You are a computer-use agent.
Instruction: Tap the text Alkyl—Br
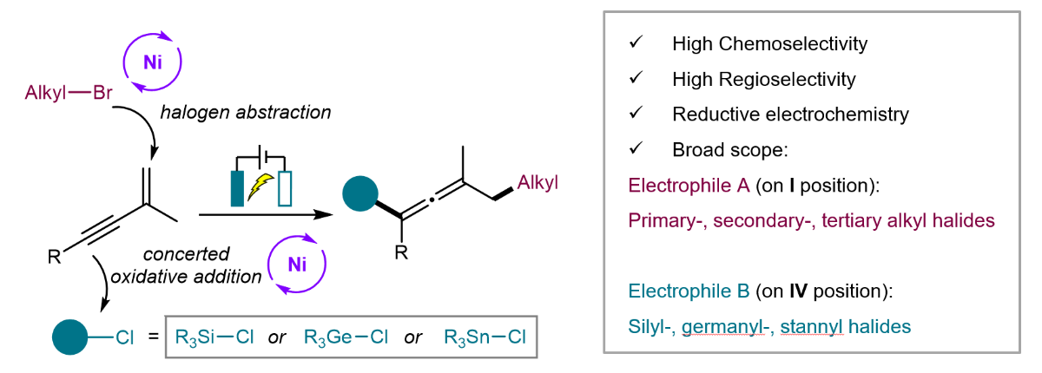[x=69, y=93]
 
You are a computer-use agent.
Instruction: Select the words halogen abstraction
[x=246, y=113]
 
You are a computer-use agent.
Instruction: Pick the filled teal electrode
[x=237, y=188]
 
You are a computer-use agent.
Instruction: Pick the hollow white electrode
[x=285, y=188]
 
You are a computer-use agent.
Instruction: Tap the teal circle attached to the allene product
[x=360, y=193]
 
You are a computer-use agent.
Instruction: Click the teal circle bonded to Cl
[x=69, y=337]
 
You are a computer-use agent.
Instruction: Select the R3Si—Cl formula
[x=214, y=337]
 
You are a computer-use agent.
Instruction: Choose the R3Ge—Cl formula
[x=346, y=337]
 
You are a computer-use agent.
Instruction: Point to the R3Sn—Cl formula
[x=485, y=337]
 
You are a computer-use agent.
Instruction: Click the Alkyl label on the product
[x=537, y=182]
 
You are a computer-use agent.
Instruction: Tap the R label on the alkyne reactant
[x=54, y=257]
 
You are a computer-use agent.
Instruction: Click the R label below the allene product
[x=401, y=252]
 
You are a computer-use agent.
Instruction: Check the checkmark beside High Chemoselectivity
[x=636, y=42]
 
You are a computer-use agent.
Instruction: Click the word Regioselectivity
[x=787, y=80]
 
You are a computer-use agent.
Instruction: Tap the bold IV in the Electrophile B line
[x=798, y=291]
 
